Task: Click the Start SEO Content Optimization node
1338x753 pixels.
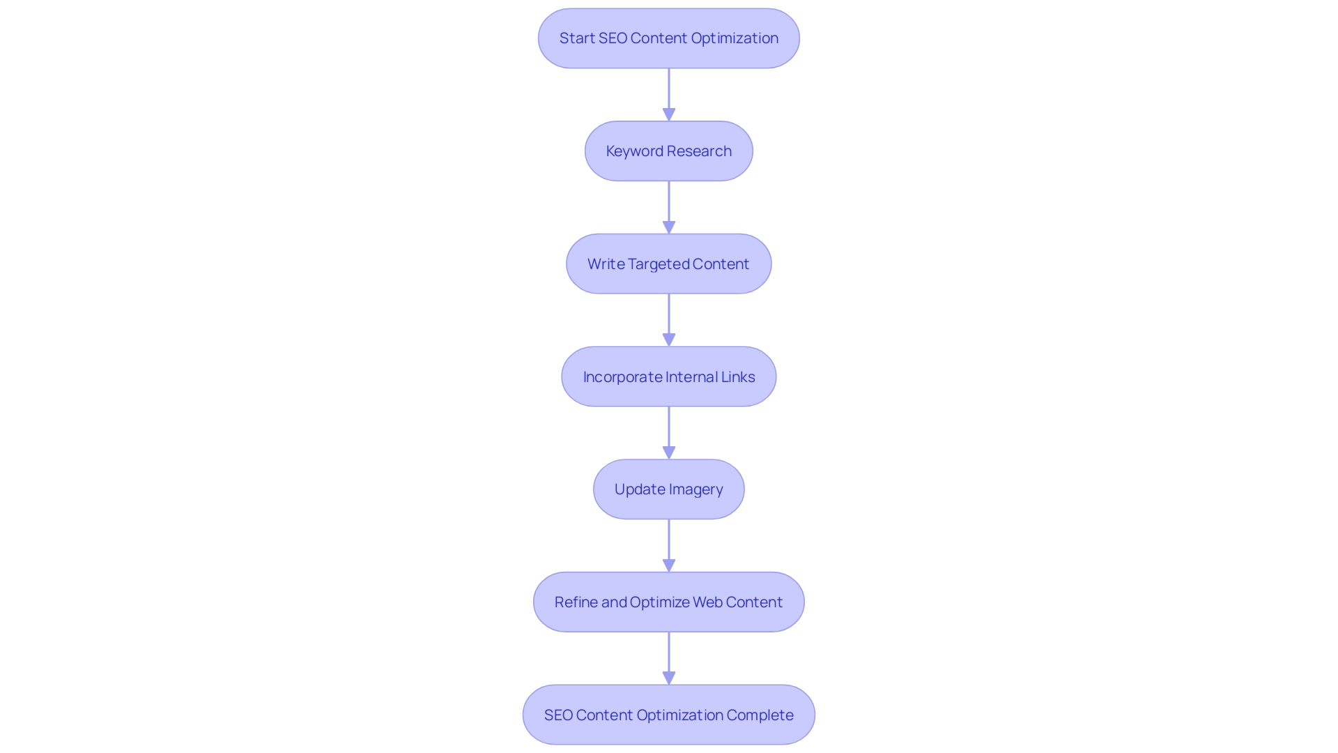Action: pos(668,38)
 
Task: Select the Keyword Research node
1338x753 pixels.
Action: pos(668,151)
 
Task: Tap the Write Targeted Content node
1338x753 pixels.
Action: pos(668,264)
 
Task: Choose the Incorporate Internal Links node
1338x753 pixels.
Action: pos(668,376)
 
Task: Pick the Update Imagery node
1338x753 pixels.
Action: pos(668,489)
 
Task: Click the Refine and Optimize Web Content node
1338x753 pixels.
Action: pos(668,602)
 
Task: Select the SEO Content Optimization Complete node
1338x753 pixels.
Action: pos(668,715)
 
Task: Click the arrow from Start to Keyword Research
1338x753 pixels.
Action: pos(669,95)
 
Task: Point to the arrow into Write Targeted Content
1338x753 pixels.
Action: pos(669,208)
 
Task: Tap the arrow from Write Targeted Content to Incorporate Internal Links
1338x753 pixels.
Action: pos(669,320)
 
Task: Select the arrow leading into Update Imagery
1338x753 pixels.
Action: pos(669,433)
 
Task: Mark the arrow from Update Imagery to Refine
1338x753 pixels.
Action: pos(669,546)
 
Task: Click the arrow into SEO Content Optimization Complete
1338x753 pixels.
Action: pos(669,658)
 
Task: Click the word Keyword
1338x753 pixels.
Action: pos(634,151)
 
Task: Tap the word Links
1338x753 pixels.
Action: pos(738,377)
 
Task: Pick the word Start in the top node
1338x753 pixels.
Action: pos(577,38)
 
